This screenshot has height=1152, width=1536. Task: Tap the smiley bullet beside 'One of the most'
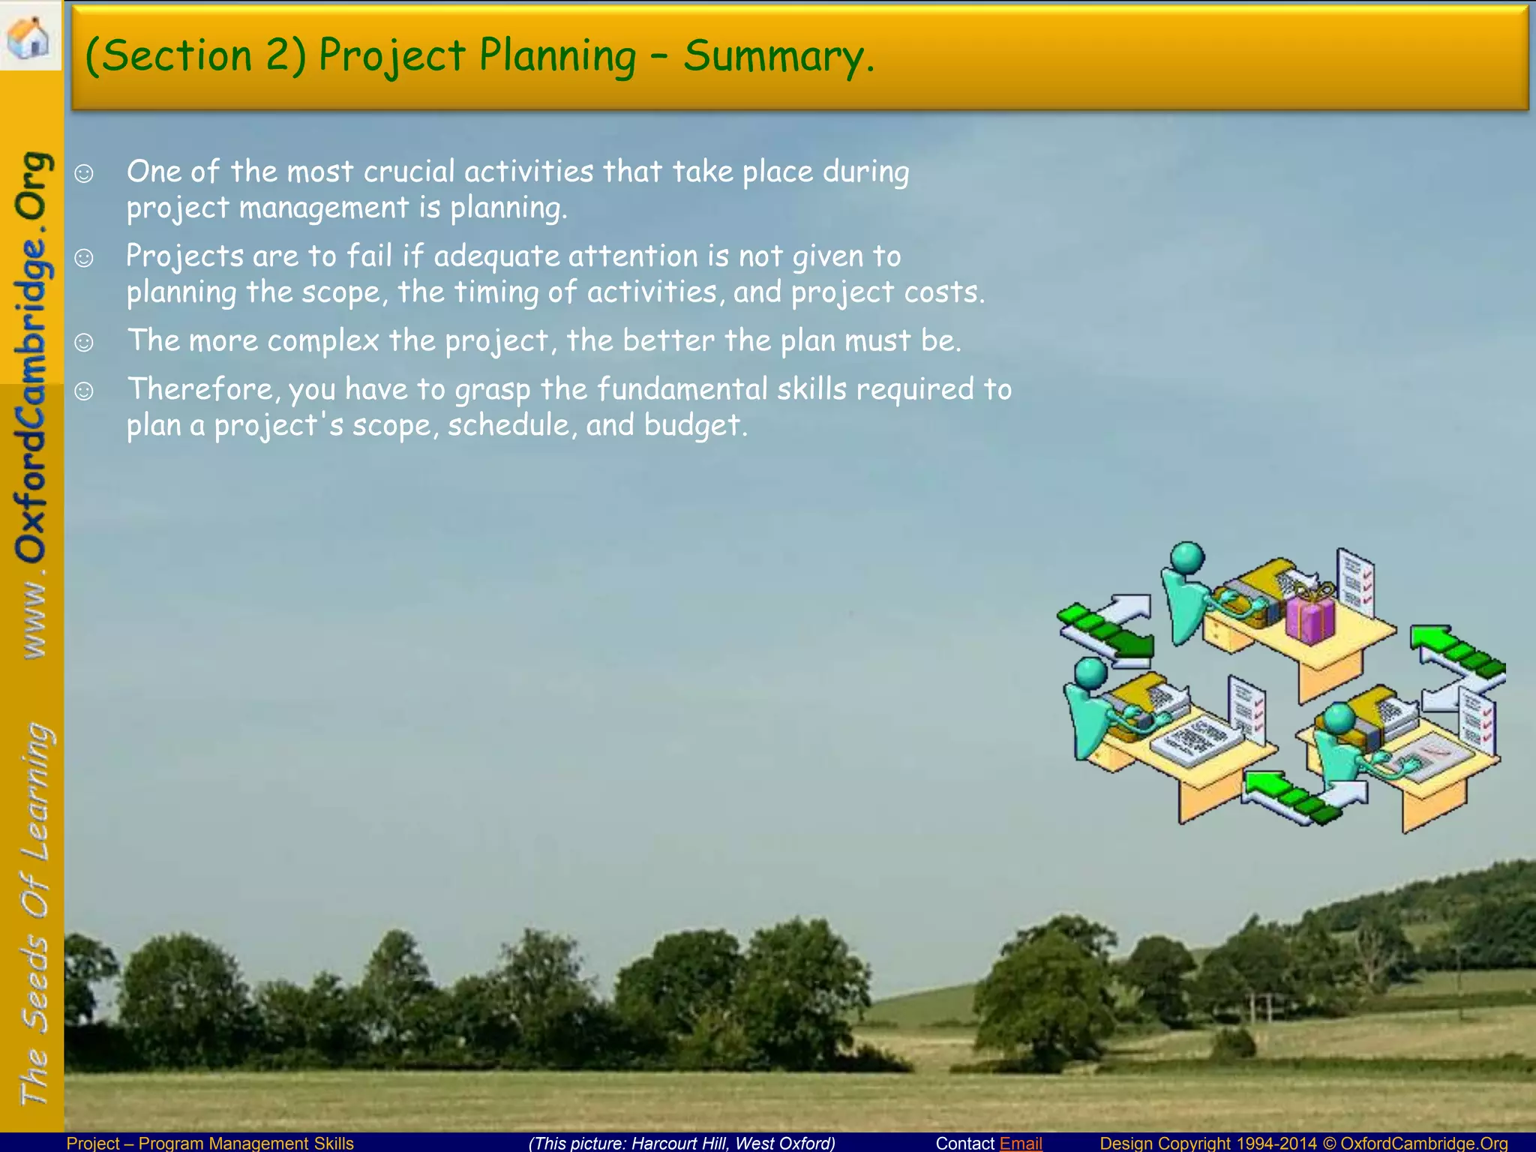coord(84,173)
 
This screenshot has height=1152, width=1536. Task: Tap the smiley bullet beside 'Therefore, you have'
coord(84,391)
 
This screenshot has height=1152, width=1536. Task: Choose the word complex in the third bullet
coord(323,341)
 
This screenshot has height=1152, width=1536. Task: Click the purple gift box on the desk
coord(1310,616)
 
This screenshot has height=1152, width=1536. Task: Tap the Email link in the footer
coord(1021,1143)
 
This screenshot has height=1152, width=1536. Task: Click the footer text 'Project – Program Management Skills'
coord(210,1143)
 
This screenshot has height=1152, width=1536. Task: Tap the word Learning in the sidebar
coord(36,791)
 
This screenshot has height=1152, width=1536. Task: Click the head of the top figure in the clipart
coord(1187,559)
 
